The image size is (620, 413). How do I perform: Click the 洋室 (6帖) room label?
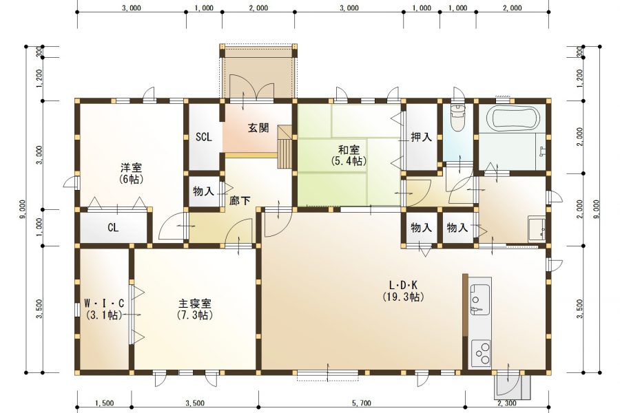[131, 173]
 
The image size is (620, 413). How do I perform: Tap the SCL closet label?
[203, 136]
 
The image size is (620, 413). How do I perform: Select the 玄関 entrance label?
[258, 129]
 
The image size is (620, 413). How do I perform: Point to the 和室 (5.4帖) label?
[348, 155]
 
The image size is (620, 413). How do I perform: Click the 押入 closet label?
[421, 137]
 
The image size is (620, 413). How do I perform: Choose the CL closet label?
[114, 228]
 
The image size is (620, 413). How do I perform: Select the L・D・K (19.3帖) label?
[403, 291]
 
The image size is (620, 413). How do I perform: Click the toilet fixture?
[457, 118]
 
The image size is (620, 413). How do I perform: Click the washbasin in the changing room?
[536, 229]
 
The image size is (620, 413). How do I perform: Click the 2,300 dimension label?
[506, 403]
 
